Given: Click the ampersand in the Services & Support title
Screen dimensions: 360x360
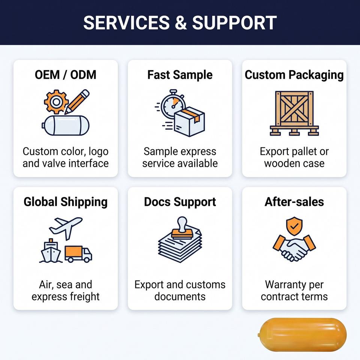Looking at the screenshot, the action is pos(181,23).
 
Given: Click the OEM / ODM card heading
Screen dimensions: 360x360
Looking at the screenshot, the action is pos(65,75).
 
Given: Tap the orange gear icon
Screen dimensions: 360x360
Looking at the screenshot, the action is pos(56,102).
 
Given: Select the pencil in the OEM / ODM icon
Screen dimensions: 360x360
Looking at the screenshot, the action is pos(76,102).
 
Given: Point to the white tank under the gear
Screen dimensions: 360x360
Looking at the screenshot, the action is pos(66,125).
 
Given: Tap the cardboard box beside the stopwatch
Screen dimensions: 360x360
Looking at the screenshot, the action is pos(189,121).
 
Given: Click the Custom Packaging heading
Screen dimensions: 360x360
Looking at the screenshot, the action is pos(294,75).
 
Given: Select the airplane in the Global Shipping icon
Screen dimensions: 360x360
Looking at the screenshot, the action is pos(66,228).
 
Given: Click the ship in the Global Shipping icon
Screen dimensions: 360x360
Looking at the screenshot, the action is pos(51,251).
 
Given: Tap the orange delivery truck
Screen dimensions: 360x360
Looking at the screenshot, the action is pos(78,254).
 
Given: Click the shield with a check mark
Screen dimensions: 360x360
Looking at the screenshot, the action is pos(294,226).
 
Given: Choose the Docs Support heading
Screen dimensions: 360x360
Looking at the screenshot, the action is pos(180,202).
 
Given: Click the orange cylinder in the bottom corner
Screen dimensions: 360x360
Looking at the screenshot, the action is pos(302,335).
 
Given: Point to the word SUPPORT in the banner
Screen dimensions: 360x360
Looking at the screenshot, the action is pos(234,23).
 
